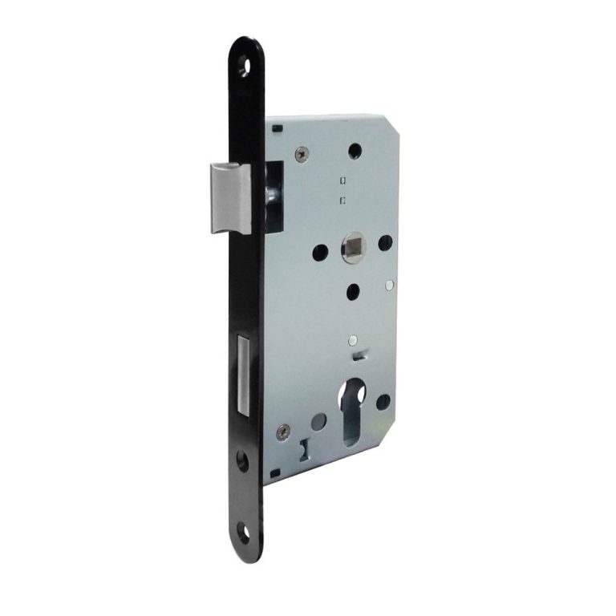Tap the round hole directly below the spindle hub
[354, 291]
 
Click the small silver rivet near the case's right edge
[389, 283]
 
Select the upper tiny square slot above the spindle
[342, 179]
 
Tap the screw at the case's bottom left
[282, 434]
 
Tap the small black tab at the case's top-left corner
[270, 126]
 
